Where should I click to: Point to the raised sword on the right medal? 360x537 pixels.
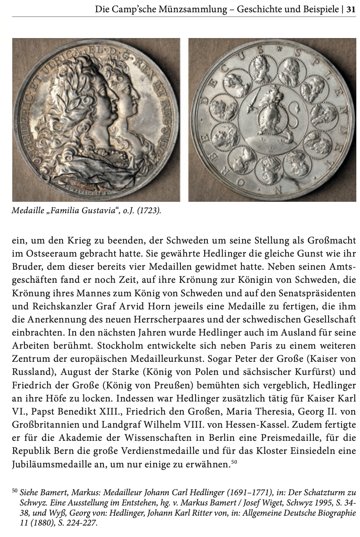pyautogui.click(x=253, y=98)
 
